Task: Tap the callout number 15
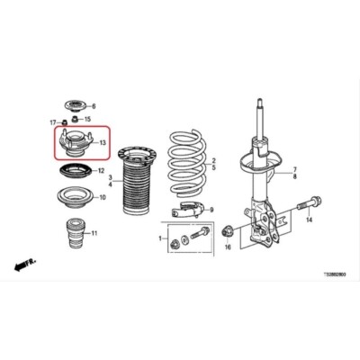88,119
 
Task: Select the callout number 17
52,121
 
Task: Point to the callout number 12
101,171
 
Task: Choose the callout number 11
95,233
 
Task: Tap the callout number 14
308,220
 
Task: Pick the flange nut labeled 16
228,229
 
